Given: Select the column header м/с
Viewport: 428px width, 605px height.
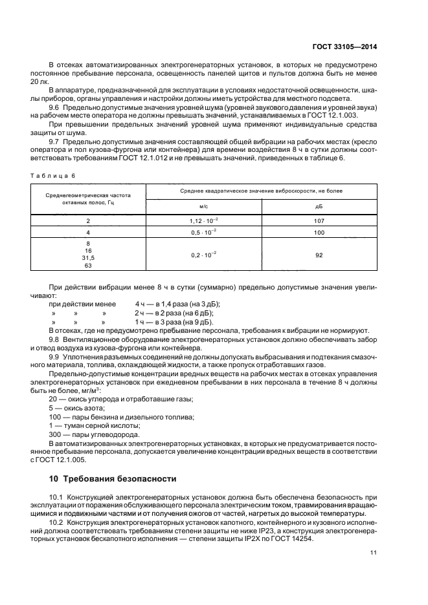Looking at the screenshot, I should point(203,207).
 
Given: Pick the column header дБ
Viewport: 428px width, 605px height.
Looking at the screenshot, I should point(319,207).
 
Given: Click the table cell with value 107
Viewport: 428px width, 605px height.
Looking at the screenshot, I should point(319,220).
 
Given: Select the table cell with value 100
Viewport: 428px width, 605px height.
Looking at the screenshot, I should point(319,232).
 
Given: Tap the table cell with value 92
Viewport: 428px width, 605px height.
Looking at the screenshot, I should point(319,255).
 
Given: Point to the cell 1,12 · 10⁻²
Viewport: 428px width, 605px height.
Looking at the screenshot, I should point(203,220).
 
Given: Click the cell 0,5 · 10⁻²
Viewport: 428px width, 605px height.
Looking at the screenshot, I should point(203,232).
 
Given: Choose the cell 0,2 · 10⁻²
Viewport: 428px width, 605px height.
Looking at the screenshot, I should point(203,255).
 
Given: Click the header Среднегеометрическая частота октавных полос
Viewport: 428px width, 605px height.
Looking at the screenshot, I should point(88,198).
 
